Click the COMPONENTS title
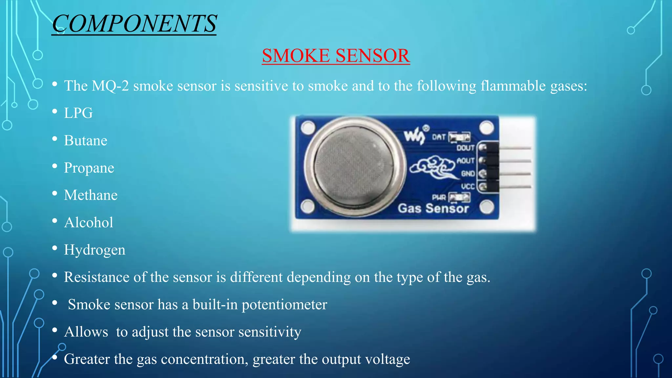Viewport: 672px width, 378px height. (x=134, y=24)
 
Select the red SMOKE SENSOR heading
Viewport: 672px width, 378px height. (x=336, y=55)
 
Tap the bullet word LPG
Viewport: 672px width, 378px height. (x=78, y=113)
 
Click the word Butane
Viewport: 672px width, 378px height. (x=86, y=140)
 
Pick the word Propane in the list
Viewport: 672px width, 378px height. (x=89, y=168)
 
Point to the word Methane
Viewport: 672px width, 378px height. (x=91, y=195)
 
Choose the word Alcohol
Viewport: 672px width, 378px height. (x=89, y=222)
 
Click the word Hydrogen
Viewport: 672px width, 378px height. (x=94, y=250)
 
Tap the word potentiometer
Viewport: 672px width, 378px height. (x=284, y=304)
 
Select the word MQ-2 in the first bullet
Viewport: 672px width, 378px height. (x=110, y=86)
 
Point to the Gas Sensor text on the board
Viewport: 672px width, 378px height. (x=433, y=208)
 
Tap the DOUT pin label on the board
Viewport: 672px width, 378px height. (x=465, y=148)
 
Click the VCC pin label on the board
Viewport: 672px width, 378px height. (x=468, y=187)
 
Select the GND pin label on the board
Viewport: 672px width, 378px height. (x=468, y=174)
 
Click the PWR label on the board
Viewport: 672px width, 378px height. (x=439, y=197)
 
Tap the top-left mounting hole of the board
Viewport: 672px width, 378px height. (x=308, y=127)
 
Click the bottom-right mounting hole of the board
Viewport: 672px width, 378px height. (x=486, y=207)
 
